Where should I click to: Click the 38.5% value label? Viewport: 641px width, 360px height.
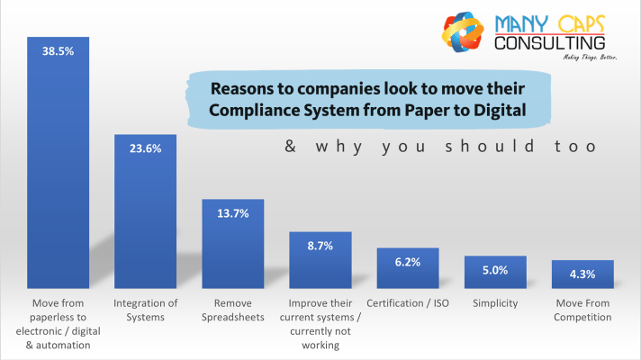(x=58, y=52)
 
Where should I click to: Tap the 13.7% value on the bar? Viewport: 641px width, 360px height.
(x=232, y=213)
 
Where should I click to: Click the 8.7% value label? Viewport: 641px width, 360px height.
(x=320, y=245)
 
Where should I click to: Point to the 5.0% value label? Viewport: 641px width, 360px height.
(x=495, y=269)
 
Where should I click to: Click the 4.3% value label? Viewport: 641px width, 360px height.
(x=582, y=273)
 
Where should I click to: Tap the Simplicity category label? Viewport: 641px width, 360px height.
(x=495, y=303)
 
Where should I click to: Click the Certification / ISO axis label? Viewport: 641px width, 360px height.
(x=408, y=303)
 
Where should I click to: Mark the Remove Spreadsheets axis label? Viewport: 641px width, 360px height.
(x=232, y=310)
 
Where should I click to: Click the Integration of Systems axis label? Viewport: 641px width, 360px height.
(x=145, y=310)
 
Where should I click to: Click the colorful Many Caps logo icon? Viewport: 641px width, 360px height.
(x=465, y=35)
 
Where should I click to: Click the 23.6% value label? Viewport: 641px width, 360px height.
(x=145, y=149)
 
